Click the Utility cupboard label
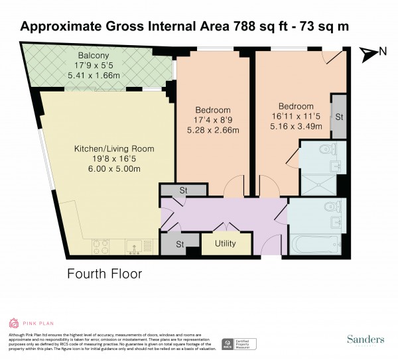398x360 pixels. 226,244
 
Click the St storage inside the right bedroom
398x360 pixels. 338,117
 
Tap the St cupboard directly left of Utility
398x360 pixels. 180,244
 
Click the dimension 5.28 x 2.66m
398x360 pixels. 213,131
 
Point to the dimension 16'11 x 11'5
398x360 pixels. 296,117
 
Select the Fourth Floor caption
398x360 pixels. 105,273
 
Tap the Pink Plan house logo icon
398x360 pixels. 15,324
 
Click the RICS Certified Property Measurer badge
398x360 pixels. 239,344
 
